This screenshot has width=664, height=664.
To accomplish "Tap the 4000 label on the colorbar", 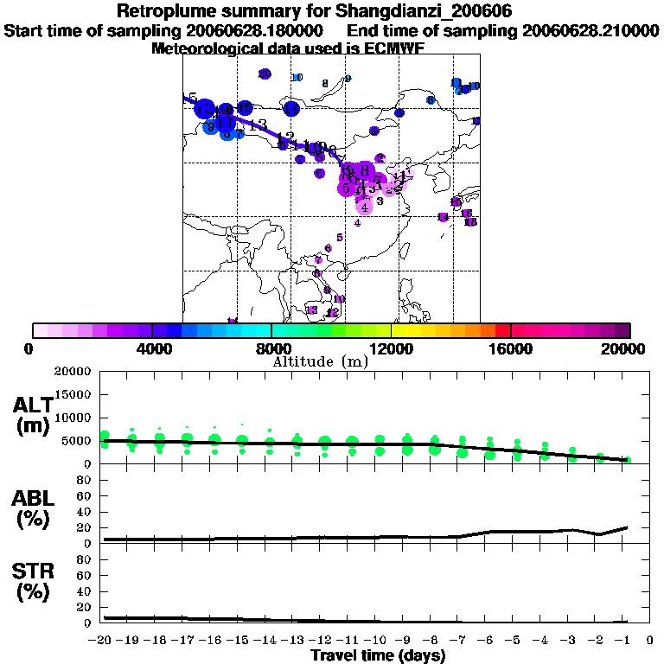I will pos(152,349).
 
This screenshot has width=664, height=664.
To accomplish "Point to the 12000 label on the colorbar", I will pos(391,349).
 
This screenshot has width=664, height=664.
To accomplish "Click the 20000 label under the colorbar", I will pos(629,349).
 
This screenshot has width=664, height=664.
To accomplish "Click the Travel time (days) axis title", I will pos(378,655).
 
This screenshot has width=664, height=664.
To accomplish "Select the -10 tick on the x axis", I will pos(379,642).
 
